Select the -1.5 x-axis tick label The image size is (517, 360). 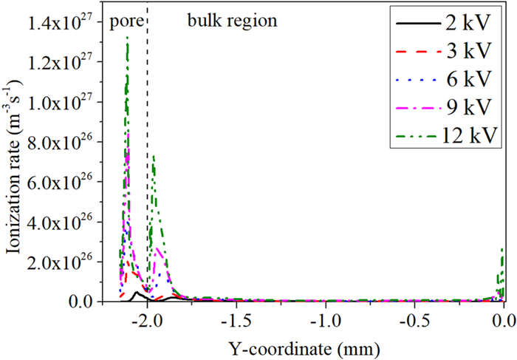click(x=236, y=319)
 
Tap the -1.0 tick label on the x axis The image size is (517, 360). click(x=325, y=319)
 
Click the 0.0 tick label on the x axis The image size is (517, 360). click(x=503, y=319)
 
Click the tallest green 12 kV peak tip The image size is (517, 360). click(x=127, y=37)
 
